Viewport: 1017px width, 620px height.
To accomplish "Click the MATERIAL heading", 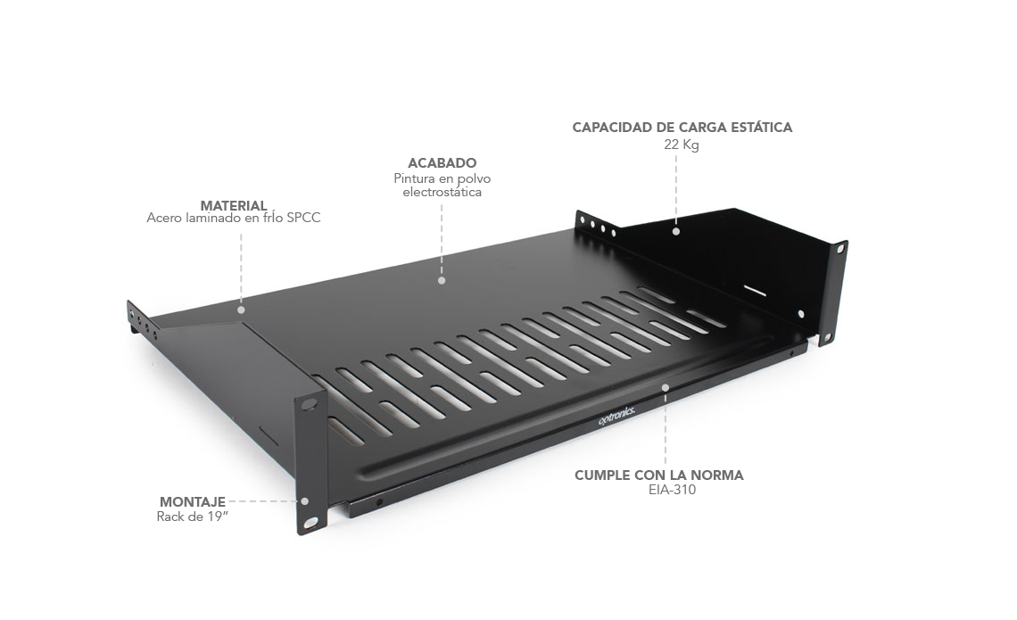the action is pyautogui.click(x=234, y=205).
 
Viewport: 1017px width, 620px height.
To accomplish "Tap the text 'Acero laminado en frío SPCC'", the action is pyautogui.click(x=234, y=218).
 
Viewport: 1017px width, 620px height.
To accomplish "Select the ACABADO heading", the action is pyautogui.click(x=442, y=162).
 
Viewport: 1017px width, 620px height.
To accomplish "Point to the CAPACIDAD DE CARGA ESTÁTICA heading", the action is pyautogui.click(x=682, y=127).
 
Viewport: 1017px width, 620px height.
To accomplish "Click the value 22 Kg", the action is pyautogui.click(x=681, y=145).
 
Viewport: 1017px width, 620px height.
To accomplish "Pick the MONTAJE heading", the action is pyautogui.click(x=193, y=502).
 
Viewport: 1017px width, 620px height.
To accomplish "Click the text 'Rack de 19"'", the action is pyautogui.click(x=193, y=517).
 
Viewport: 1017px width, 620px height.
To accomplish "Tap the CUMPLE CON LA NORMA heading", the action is pyautogui.click(x=659, y=475).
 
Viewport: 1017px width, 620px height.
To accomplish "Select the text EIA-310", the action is pyautogui.click(x=672, y=490).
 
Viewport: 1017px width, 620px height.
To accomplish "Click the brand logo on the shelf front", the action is pyautogui.click(x=616, y=415).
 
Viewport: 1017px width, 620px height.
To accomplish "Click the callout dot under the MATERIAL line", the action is pyautogui.click(x=241, y=310).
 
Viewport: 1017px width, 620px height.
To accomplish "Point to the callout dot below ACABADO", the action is pyautogui.click(x=442, y=281).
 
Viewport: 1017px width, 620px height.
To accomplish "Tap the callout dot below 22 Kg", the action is pyautogui.click(x=676, y=231).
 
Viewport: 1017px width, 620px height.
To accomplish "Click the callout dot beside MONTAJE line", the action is pyautogui.click(x=305, y=501).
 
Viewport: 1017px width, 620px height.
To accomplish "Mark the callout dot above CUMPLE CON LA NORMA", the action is pyautogui.click(x=666, y=388).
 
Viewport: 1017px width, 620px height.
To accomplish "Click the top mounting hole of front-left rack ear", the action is pyautogui.click(x=310, y=404).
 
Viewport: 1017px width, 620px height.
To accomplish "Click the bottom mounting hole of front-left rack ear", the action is pyautogui.click(x=312, y=522).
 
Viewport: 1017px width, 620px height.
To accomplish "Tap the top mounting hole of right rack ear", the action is pyautogui.click(x=840, y=249).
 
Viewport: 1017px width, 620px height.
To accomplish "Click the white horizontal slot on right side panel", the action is pyautogui.click(x=755, y=289).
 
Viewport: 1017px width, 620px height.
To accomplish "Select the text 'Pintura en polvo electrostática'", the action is pyautogui.click(x=442, y=186).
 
